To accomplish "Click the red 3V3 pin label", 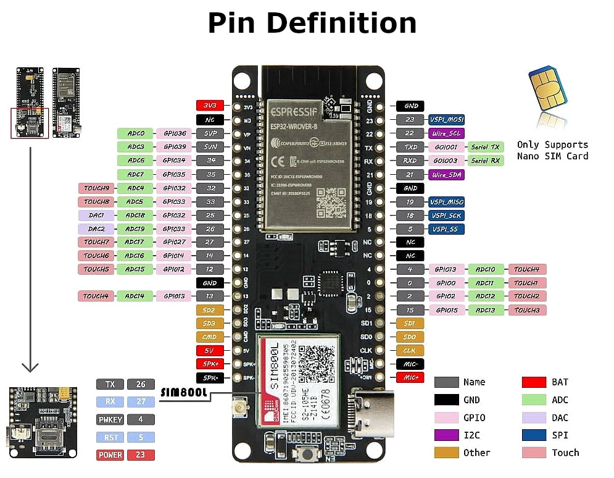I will (x=210, y=106).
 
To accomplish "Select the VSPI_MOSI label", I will (x=447, y=120).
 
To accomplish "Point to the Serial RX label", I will (x=486, y=161).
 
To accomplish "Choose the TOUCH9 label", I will (x=96, y=188).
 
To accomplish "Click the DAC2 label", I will (x=96, y=229).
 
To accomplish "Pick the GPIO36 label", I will (x=174, y=133).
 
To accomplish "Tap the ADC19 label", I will (x=135, y=229).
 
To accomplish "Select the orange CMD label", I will (x=210, y=337).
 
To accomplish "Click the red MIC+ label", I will (x=410, y=377).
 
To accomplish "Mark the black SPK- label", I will (x=210, y=377).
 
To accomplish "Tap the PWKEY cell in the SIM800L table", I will (x=110, y=420).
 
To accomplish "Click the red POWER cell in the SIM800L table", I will (x=110, y=455).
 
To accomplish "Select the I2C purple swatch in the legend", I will (x=446, y=435).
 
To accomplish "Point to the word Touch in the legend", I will (x=565, y=453).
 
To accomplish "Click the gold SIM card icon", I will (x=547, y=90).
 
